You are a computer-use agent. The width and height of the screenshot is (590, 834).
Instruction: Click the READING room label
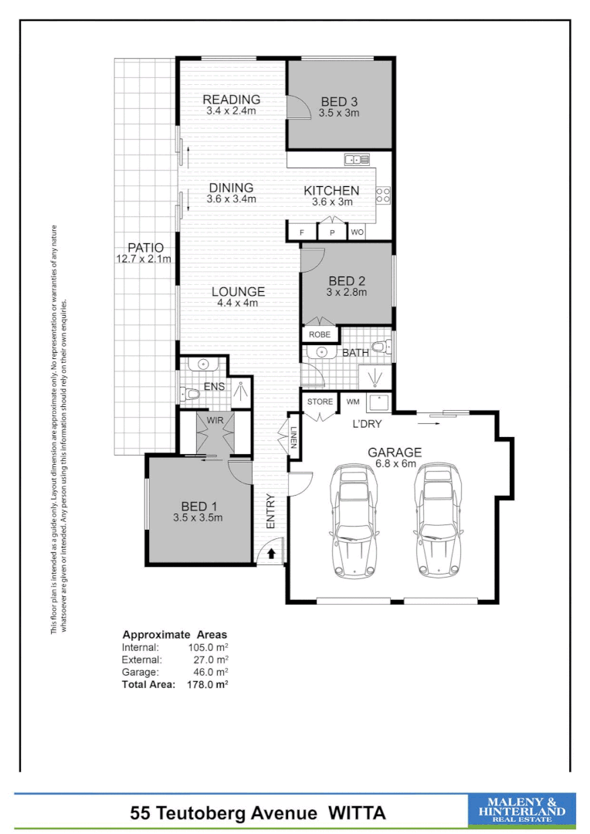click(231, 100)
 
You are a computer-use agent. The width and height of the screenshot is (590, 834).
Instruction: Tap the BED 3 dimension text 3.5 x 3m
click(340, 113)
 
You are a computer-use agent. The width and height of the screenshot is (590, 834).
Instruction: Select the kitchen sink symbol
click(357, 160)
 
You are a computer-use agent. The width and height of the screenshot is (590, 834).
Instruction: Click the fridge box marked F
click(302, 232)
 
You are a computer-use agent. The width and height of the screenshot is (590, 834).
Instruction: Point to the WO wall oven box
click(357, 232)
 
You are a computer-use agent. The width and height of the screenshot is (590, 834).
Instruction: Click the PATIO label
click(145, 248)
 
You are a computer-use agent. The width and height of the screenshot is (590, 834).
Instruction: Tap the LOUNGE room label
click(238, 292)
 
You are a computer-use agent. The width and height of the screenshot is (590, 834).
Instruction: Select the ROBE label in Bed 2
click(320, 334)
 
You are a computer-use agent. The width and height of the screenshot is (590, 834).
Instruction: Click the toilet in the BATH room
click(380, 347)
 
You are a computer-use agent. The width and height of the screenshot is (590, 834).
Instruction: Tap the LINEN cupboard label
click(293, 442)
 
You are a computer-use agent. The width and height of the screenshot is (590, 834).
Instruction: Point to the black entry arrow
click(271, 553)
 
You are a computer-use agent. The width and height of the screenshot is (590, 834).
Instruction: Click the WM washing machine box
click(352, 402)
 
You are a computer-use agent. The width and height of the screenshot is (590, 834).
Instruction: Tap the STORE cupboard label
click(320, 402)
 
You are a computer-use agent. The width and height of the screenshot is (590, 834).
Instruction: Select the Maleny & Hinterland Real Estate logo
click(522, 811)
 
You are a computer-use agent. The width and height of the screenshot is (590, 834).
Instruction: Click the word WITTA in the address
click(357, 812)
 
